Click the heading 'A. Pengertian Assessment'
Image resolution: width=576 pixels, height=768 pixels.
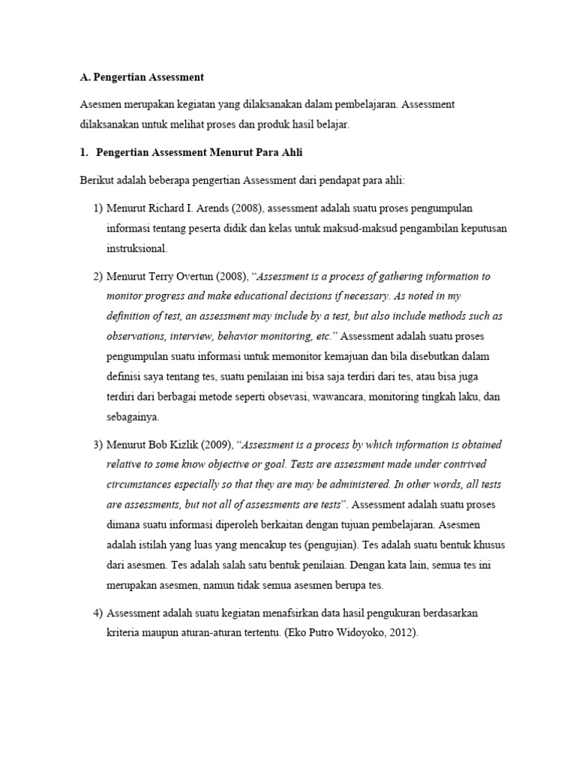(141, 77)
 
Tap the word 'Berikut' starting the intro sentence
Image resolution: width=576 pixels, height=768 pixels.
(97, 180)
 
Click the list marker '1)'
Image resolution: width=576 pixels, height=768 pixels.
(98, 208)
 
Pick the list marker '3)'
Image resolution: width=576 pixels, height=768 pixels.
(98, 445)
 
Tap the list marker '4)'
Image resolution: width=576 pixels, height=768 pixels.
(98, 613)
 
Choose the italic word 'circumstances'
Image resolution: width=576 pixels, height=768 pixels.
(141, 484)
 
